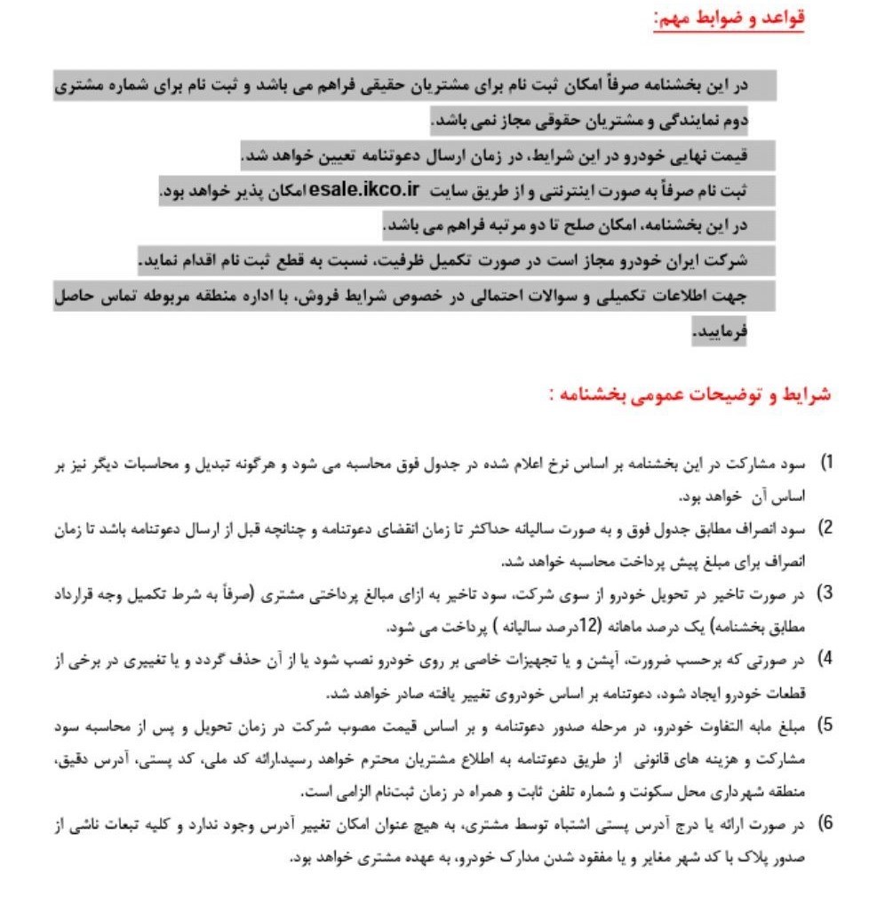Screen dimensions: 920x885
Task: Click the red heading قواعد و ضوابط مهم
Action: click(729, 20)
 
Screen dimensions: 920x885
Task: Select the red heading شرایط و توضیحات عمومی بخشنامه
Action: click(698, 395)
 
